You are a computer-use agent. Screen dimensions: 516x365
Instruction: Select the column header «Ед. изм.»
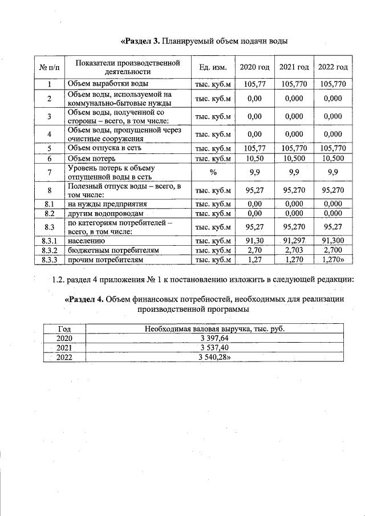[x=213, y=67]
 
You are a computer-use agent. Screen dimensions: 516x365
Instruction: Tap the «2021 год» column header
[x=294, y=67]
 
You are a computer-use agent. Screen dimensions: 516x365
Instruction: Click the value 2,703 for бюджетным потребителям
[x=294, y=251]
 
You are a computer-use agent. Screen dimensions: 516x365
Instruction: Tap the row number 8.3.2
[x=50, y=251]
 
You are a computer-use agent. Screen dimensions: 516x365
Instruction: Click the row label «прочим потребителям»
[x=104, y=260]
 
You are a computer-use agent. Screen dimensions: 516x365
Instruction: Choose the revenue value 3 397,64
[x=214, y=338]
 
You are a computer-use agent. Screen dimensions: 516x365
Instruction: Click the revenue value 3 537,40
[x=214, y=347]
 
